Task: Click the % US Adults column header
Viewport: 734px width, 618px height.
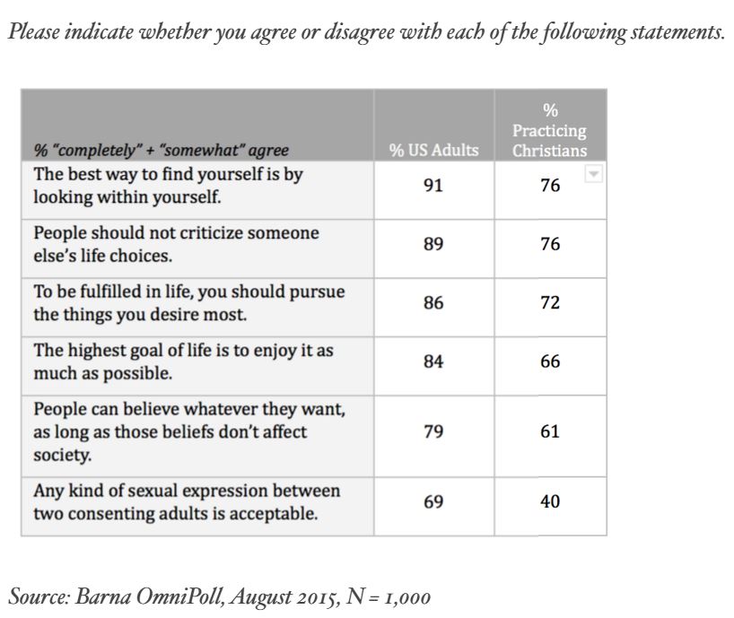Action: tap(433, 150)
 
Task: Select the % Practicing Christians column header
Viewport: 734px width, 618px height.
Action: tap(550, 131)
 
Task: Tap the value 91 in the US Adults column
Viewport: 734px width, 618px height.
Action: tap(433, 186)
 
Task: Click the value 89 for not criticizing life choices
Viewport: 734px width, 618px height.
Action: tap(433, 244)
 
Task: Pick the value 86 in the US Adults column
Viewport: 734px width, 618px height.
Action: tap(433, 303)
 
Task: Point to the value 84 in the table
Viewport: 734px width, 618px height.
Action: tap(433, 362)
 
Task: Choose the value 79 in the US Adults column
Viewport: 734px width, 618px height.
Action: tap(433, 431)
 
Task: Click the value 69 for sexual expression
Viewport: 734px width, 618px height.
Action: tap(433, 502)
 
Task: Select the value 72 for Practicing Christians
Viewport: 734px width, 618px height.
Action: tap(550, 303)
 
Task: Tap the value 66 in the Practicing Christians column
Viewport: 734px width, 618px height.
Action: tap(550, 362)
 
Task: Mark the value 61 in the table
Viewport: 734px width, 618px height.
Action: tap(550, 431)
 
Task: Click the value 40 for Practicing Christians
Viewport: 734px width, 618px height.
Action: tap(550, 502)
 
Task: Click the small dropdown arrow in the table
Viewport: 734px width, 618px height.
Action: tap(592, 175)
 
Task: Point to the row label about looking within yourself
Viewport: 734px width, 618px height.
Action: tap(169, 185)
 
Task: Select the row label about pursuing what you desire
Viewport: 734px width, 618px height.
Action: tap(189, 303)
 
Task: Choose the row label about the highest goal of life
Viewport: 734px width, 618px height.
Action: tap(183, 361)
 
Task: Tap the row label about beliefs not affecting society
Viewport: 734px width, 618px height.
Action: tap(189, 431)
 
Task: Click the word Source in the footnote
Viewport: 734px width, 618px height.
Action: tap(37, 596)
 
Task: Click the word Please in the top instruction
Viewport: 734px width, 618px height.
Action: tap(33, 32)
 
